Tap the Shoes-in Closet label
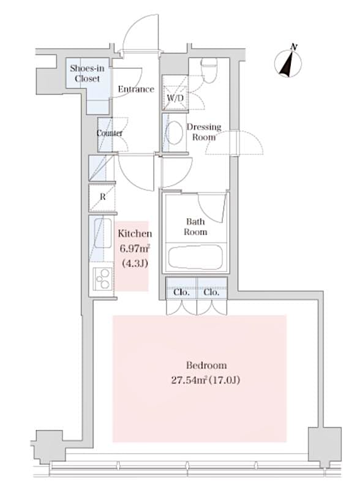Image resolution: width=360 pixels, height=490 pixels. point(86,73)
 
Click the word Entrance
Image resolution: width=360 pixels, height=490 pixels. point(136,89)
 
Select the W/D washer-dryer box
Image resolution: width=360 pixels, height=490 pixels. point(174,98)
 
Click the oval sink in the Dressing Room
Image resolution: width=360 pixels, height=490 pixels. point(176,132)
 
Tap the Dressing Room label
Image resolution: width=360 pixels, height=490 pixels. point(204,132)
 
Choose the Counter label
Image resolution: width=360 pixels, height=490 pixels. point(110,133)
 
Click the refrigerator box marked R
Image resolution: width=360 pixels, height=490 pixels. point(102,198)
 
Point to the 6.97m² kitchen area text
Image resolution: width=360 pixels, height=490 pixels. point(135,249)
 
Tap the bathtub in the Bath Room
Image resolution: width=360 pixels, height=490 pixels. point(197,256)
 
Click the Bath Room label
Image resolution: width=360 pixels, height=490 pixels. point(197,227)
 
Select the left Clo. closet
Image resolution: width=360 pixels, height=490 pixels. point(181,292)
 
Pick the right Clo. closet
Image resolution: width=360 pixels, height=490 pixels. point(211,292)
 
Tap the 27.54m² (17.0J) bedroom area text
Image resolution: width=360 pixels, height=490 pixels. point(200,380)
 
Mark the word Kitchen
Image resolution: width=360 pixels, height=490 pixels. point(135,234)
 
